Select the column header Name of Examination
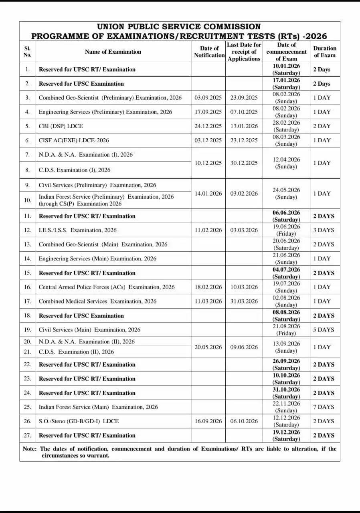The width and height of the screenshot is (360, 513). click(x=113, y=52)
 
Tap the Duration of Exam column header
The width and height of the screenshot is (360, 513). click(x=324, y=52)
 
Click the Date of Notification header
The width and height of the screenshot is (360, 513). click(x=209, y=52)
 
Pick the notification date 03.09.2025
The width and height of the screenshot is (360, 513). click(x=208, y=98)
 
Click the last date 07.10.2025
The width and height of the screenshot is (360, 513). click(x=244, y=112)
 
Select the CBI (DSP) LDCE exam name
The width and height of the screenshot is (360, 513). click(x=61, y=126)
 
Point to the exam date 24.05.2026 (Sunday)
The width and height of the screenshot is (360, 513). click(x=286, y=193)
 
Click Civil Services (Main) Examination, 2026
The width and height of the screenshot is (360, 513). click(x=89, y=330)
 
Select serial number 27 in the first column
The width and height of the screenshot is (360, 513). click(x=27, y=435)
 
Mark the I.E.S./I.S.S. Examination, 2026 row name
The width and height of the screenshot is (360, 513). click(x=78, y=230)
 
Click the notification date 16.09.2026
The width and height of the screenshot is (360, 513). click(x=208, y=421)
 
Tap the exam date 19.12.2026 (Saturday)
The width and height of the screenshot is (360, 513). click(x=286, y=435)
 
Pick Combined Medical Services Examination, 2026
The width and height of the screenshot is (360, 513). click(x=97, y=301)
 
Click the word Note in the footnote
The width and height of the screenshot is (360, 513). click(x=30, y=449)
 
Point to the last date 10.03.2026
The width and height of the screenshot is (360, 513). click(x=244, y=287)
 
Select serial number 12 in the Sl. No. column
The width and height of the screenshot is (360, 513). click(x=27, y=230)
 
